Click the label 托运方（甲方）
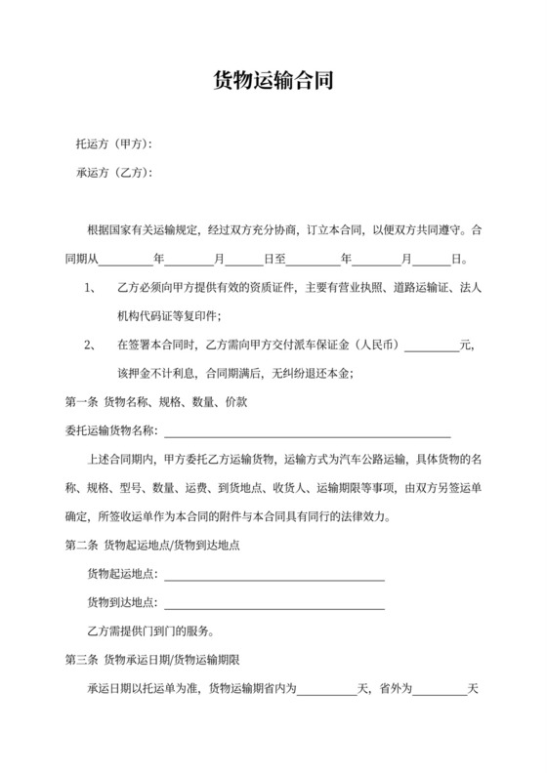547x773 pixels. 114,144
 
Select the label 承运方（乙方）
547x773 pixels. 114,174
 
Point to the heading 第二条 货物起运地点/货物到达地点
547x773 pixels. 160,546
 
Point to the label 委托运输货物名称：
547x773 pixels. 110,431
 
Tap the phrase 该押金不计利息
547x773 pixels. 155,374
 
